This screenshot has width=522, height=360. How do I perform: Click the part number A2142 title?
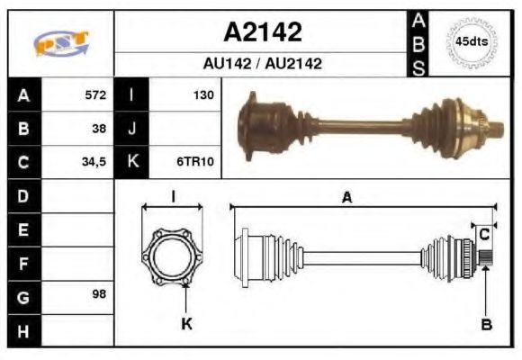click(x=262, y=32)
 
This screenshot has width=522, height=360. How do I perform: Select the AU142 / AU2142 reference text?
click(x=262, y=64)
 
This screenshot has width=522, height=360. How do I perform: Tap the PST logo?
click(x=60, y=43)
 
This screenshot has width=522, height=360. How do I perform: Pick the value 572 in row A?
click(x=94, y=94)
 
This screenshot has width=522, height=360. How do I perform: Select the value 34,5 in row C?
click(x=94, y=163)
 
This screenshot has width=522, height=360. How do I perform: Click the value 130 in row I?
click(x=203, y=94)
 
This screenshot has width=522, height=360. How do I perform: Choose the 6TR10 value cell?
click(x=195, y=163)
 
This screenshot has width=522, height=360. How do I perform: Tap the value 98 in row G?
click(x=99, y=295)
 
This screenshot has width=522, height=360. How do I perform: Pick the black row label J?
click(x=132, y=129)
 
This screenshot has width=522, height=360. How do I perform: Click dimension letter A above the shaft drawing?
click(x=346, y=199)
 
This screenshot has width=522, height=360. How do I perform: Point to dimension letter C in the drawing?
click(x=484, y=235)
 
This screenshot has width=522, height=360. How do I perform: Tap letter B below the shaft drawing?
click(x=486, y=325)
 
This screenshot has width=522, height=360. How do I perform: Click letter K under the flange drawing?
click(x=186, y=325)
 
